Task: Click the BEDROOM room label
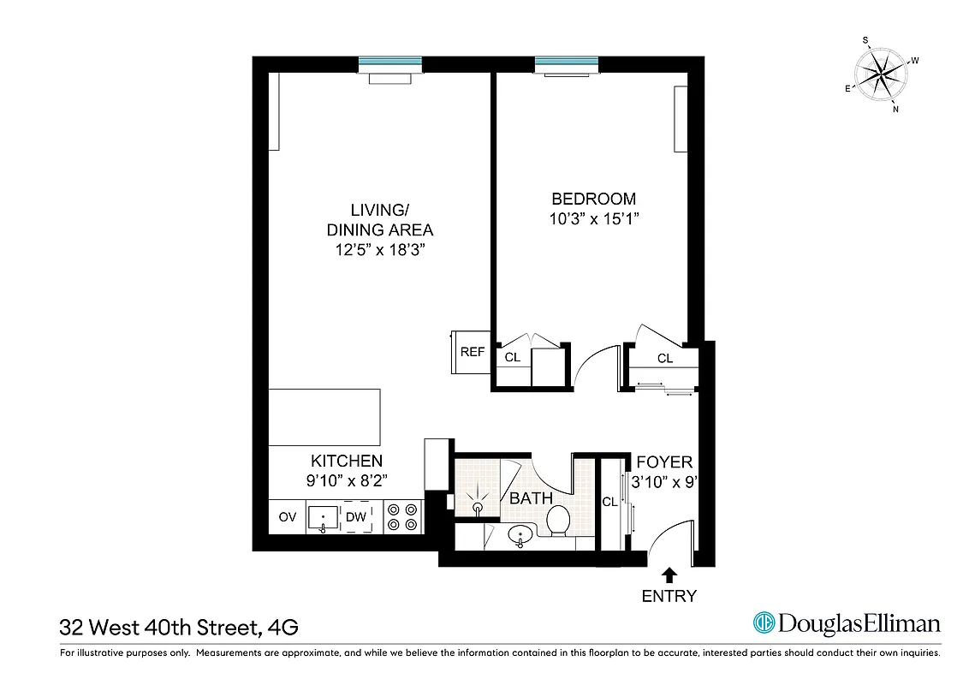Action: [x=594, y=199]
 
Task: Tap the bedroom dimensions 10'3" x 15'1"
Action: [x=594, y=219]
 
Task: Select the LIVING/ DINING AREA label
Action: [x=380, y=220]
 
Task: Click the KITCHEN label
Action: [x=347, y=461]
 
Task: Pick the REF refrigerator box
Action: [x=472, y=352]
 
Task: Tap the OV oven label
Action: [x=287, y=516]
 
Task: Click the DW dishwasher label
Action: [x=355, y=516]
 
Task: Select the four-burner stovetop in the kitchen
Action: [x=402, y=516]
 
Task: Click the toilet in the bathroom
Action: [x=558, y=520]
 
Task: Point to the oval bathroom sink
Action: [x=520, y=537]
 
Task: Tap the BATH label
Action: [x=531, y=497]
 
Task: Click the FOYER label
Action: [x=664, y=462]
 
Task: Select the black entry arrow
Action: [x=669, y=575]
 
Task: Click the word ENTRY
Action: [x=669, y=596]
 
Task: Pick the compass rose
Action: [x=882, y=74]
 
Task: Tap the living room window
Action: [x=389, y=63]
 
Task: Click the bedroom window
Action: [x=567, y=63]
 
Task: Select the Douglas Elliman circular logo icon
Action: [x=764, y=623]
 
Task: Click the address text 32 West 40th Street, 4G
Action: [x=179, y=628]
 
